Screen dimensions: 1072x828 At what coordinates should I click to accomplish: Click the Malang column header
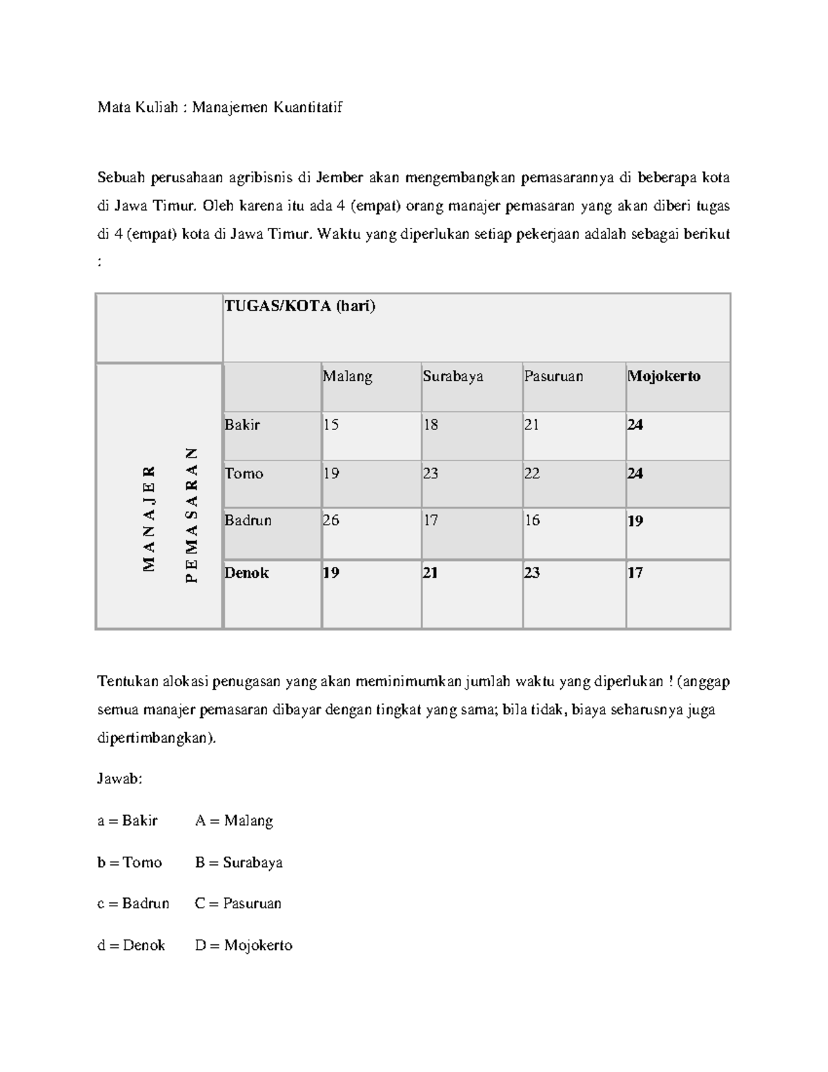[348, 377]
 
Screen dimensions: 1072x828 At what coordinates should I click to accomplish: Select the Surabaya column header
[453, 377]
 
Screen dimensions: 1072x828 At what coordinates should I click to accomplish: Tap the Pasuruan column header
[553, 377]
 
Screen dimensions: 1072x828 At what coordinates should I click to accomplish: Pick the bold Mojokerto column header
[664, 377]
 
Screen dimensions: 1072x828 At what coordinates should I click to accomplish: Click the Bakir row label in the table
[242, 425]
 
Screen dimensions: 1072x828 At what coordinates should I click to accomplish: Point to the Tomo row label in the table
[244, 474]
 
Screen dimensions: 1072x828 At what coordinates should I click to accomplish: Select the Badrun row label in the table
[248, 520]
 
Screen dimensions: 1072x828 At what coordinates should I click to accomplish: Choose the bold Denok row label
[246, 573]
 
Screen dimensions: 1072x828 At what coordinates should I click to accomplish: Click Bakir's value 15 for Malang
[331, 425]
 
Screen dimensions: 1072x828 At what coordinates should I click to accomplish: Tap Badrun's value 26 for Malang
[331, 520]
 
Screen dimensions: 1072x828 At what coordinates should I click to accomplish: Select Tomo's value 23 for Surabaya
[431, 474]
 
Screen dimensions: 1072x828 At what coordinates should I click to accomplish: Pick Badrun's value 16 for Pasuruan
[532, 520]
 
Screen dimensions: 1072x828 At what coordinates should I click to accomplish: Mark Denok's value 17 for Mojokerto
[635, 573]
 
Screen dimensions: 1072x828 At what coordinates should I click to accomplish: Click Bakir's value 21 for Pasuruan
[531, 425]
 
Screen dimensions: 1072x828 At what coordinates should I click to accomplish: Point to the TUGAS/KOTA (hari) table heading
[300, 306]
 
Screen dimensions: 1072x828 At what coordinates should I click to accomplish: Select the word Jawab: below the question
[120, 779]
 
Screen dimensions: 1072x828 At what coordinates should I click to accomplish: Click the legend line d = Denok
[131, 946]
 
